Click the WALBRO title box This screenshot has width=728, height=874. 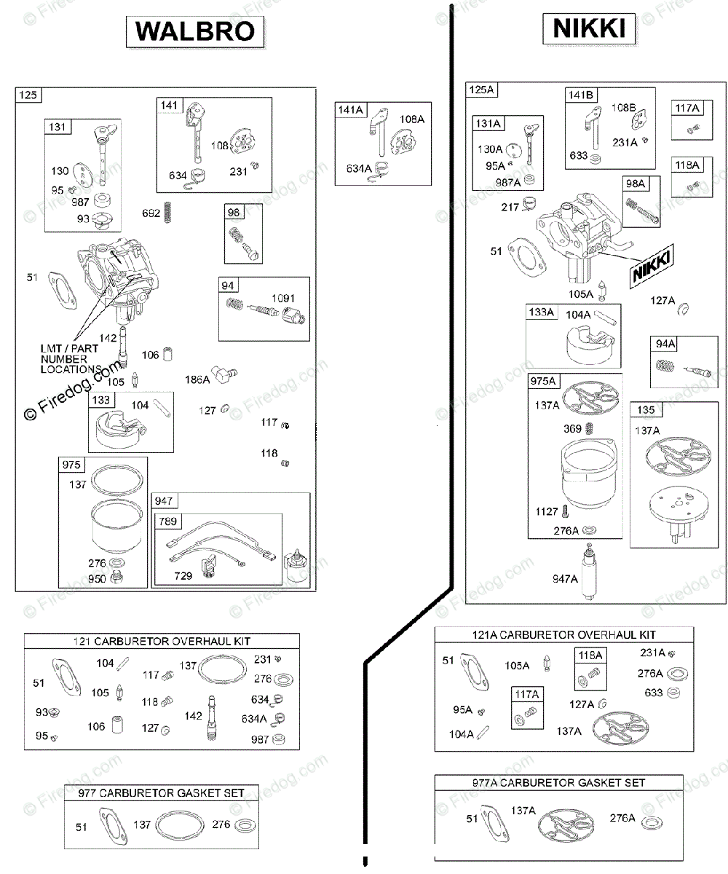195,32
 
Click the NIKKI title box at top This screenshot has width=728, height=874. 589,28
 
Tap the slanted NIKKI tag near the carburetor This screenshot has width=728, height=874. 652,267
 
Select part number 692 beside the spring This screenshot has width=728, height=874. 151,213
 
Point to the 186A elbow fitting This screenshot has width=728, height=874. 223,374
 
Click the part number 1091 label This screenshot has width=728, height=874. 283,298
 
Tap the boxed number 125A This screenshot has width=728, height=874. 481,90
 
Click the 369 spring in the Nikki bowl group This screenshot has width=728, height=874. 590,428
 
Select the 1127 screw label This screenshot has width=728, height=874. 547,511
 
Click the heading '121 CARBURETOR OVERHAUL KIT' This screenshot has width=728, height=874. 162,641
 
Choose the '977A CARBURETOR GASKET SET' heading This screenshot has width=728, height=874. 558,782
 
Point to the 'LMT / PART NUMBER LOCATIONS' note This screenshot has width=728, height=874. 69,359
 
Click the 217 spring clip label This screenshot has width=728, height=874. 510,207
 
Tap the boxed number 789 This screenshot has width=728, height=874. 167,521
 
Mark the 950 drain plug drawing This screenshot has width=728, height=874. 116,578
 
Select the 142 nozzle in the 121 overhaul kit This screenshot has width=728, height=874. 212,718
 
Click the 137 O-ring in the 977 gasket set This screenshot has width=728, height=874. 180,825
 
